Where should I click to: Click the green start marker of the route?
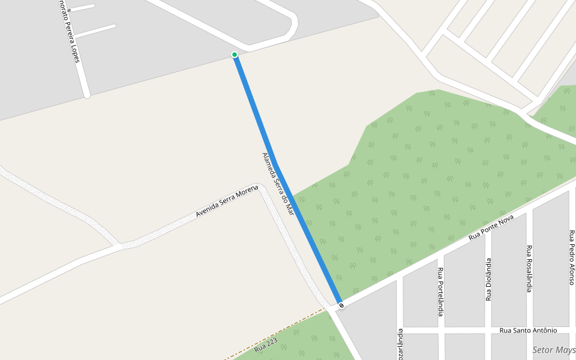click(x=235, y=55)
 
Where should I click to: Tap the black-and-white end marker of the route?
click(x=341, y=305)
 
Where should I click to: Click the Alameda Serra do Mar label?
click(x=278, y=184)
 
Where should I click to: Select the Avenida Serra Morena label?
click(x=227, y=202)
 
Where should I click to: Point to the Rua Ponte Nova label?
click(x=491, y=229)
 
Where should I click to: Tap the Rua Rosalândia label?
click(x=529, y=268)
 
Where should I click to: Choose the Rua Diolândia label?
click(x=488, y=279)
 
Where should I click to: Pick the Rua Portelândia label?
click(x=440, y=292)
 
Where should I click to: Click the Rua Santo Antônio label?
click(x=528, y=331)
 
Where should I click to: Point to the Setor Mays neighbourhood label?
click(x=554, y=350)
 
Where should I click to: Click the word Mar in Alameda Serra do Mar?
click(x=290, y=207)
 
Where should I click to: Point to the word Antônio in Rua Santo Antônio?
click(x=543, y=331)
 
